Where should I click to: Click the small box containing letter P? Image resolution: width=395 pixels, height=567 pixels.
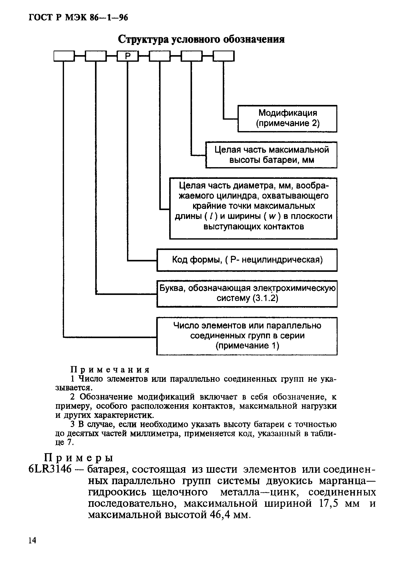pyautogui.click(x=128, y=56)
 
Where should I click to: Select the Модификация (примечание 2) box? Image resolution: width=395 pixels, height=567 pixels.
pyautogui.click(x=287, y=118)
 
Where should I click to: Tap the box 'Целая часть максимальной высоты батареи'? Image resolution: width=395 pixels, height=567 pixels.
pyautogui.click(x=271, y=155)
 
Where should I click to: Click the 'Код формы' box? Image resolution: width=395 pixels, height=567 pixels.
pyautogui.click(x=247, y=260)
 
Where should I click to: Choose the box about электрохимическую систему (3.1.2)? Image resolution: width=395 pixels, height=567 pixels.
pyautogui.click(x=247, y=294)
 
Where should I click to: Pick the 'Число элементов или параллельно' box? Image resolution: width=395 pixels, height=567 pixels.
pyautogui.click(x=247, y=336)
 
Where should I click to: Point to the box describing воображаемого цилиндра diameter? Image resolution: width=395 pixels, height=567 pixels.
pyautogui.click(x=253, y=208)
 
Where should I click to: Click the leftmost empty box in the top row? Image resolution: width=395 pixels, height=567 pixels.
pyautogui.click(x=64, y=56)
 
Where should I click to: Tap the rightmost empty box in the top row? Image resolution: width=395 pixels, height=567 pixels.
pyautogui.click(x=224, y=56)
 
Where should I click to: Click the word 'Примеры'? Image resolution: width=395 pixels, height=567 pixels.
pyautogui.click(x=79, y=458)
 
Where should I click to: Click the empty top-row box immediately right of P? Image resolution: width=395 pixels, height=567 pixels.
pyautogui.click(x=160, y=56)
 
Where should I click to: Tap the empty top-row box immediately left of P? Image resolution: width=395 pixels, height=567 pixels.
pyautogui.click(x=96, y=56)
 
